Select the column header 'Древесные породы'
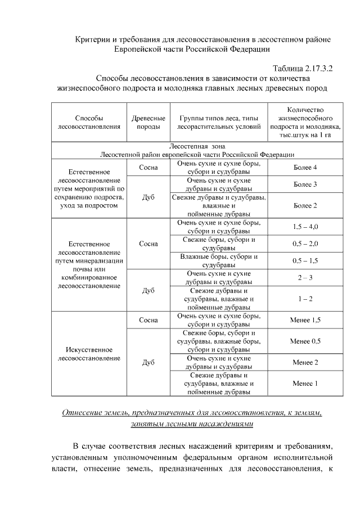[x=148, y=123]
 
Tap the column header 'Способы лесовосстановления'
[x=89, y=123]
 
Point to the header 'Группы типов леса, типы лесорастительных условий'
[x=219, y=123]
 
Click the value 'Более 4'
[x=305, y=168]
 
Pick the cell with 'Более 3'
[x=305, y=184]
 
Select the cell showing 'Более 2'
[x=305, y=206]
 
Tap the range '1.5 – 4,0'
[x=305, y=227]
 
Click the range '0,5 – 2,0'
[x=305, y=244]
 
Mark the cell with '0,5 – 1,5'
[x=305, y=261]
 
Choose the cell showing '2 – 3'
[x=305, y=278]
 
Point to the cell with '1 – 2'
[x=305, y=299]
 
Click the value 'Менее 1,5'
[x=305, y=320]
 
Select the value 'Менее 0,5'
[x=305, y=341]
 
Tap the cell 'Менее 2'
[x=305, y=362]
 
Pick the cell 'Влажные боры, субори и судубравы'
[x=219, y=261]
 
